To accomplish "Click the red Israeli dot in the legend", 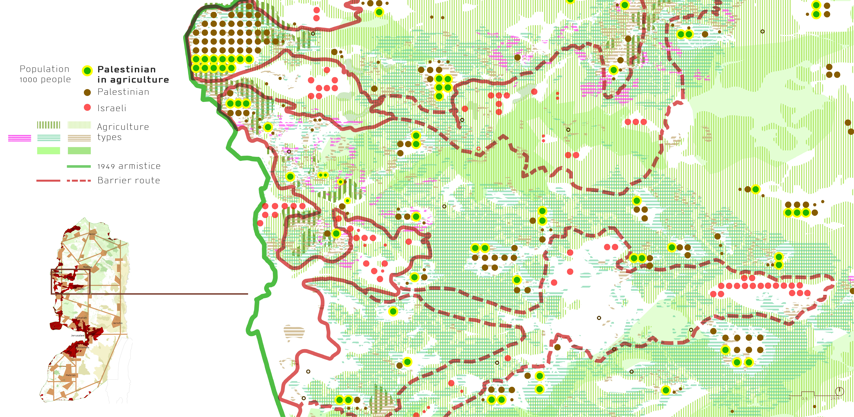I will pyautogui.click(x=87, y=108).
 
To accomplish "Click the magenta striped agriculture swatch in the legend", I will pyautogui.click(x=20, y=138).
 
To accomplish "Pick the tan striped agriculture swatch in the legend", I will pyautogui.click(x=79, y=138).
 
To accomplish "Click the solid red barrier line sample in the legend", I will pyautogui.click(x=48, y=181).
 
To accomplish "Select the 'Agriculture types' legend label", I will pyautogui.click(x=123, y=132).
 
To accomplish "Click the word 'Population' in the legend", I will pyautogui.click(x=44, y=69).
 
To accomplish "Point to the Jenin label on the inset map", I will pyautogui.click(x=92, y=234).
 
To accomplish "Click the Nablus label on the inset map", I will pyautogui.click(x=88, y=267).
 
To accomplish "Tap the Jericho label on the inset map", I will pyautogui.click(x=117, y=323).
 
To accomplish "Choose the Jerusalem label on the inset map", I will pyautogui.click(x=78, y=335).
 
